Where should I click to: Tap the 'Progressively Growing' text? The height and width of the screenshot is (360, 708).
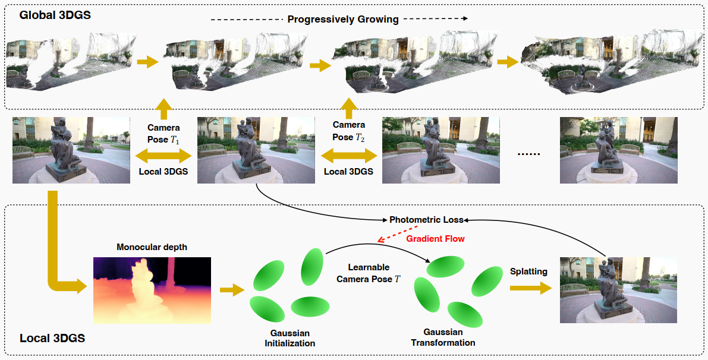343,19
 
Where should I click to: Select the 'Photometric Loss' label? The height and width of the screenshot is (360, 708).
426,219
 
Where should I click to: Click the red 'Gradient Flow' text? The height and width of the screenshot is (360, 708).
435,238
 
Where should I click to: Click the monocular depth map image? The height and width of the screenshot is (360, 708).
152,290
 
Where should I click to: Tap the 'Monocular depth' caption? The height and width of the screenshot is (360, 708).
152,247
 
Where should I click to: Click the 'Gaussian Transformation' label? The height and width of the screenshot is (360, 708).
443,337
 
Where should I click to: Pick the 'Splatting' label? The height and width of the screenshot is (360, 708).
529,271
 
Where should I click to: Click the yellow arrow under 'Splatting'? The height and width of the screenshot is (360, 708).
530,288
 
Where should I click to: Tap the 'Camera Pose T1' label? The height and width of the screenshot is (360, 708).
164,132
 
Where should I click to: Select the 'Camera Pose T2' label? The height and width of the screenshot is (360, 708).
349,131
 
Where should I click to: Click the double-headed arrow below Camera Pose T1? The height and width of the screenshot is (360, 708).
163,156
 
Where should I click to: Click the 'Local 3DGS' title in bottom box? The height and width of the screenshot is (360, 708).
52,339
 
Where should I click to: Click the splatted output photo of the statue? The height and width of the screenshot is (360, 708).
618,290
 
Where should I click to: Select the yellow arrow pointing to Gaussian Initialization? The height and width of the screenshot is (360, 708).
232,290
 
